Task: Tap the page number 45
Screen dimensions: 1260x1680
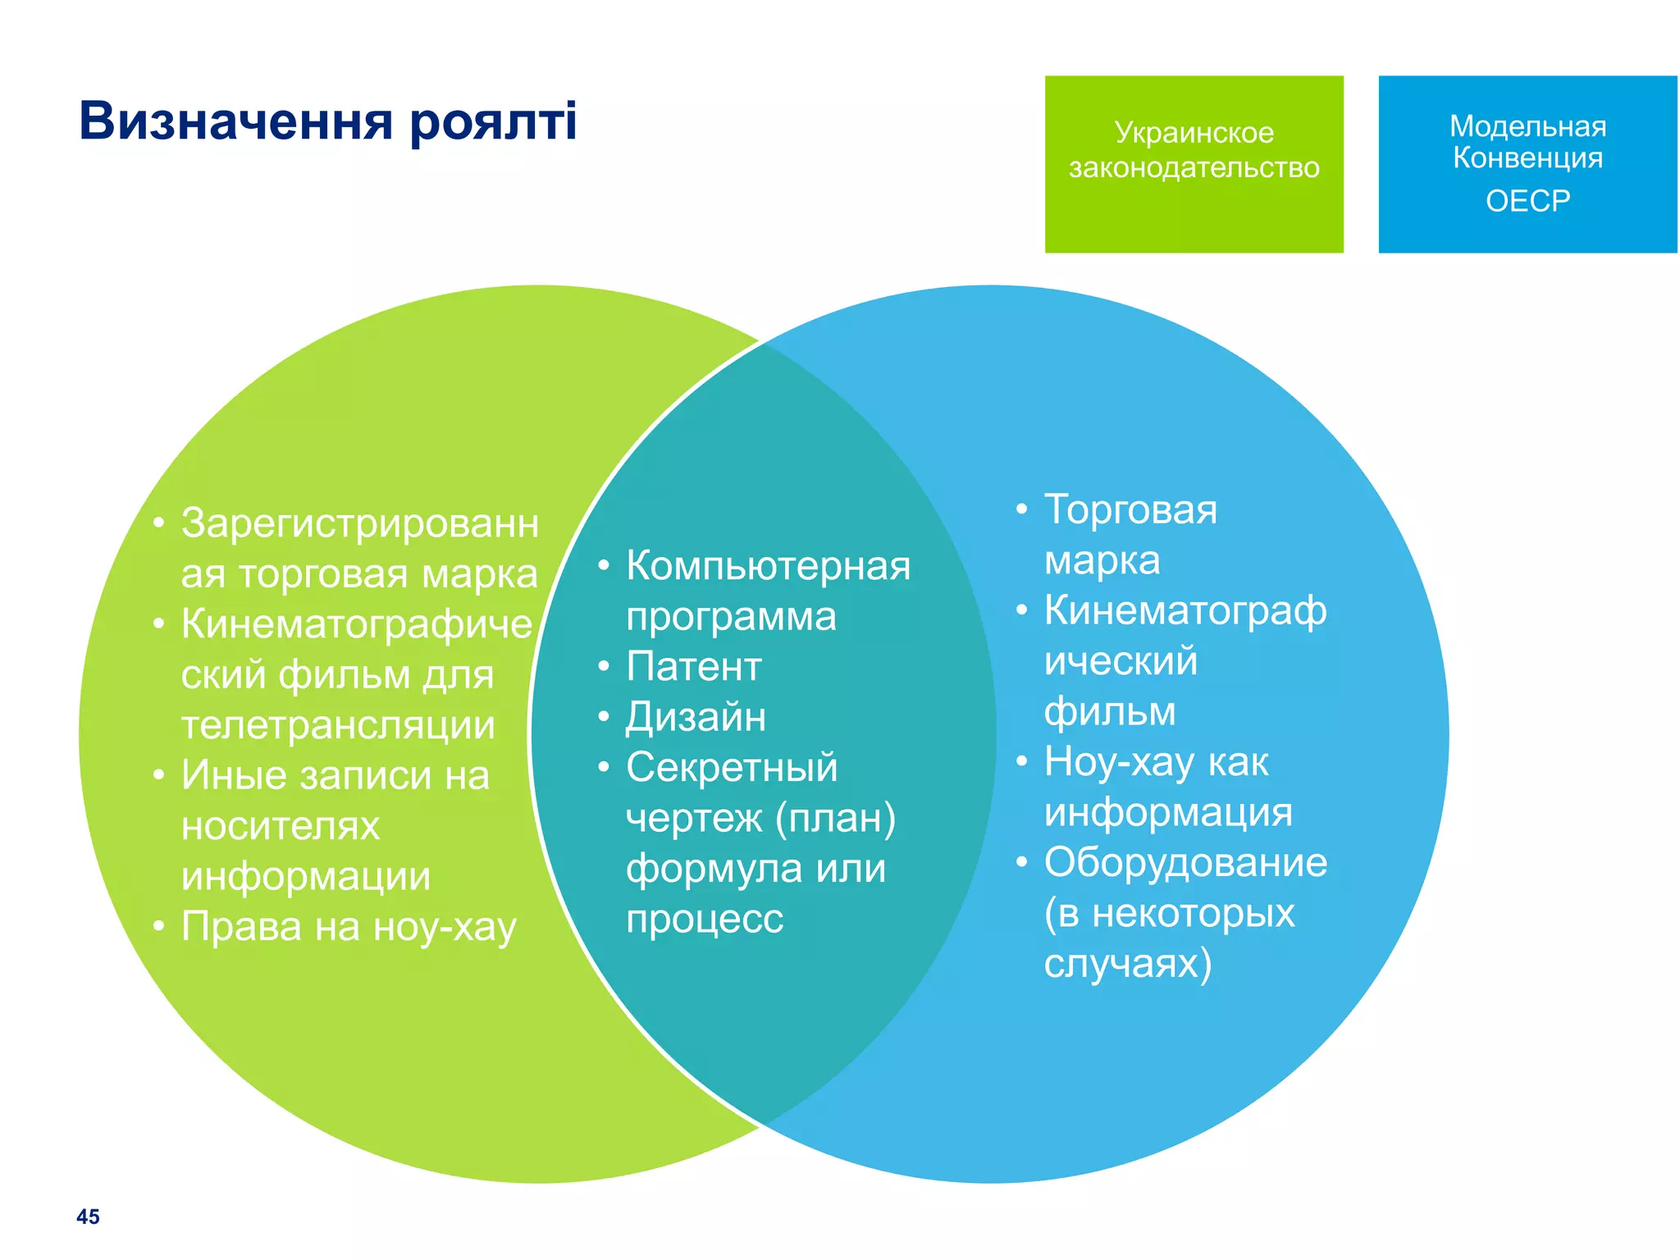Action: (x=88, y=1217)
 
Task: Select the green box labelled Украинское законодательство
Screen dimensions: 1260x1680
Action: (x=1194, y=164)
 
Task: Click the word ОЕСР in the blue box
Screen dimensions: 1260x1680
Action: (x=1527, y=201)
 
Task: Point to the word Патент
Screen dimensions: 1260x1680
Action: (x=693, y=666)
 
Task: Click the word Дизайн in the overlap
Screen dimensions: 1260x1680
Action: (x=696, y=717)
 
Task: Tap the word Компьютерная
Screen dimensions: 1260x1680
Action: (x=768, y=566)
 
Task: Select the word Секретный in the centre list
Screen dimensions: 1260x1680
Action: (x=732, y=768)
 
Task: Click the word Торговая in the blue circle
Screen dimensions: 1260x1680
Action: (x=1130, y=509)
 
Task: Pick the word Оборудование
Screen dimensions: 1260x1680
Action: (x=1185, y=863)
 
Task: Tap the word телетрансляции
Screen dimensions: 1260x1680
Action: (x=338, y=725)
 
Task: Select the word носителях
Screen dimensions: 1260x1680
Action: (x=281, y=826)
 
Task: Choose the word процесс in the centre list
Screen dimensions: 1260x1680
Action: (x=705, y=920)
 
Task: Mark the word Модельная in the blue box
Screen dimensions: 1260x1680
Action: (x=1527, y=126)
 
